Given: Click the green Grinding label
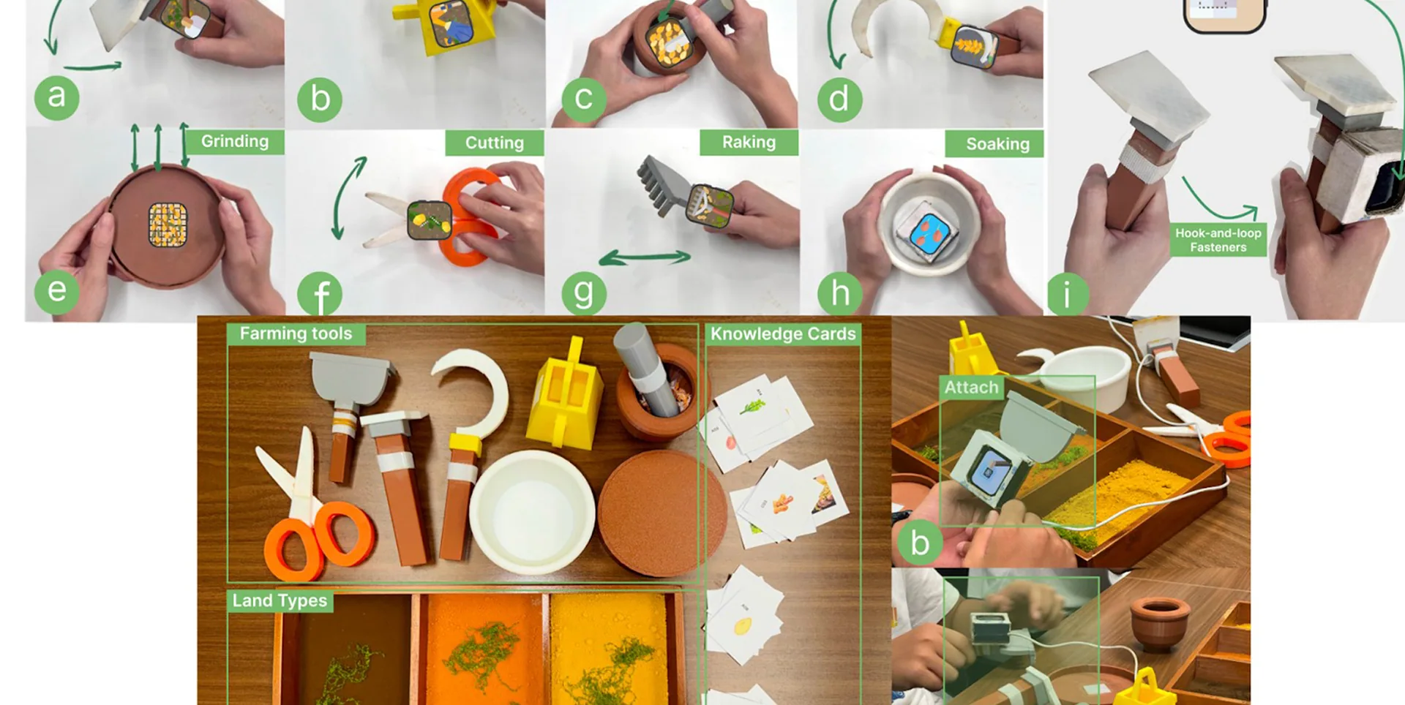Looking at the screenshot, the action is click(234, 141).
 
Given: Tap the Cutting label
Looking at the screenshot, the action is click(495, 143).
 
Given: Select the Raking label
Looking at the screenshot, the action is click(749, 142).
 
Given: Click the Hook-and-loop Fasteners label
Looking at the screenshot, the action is click(1218, 240).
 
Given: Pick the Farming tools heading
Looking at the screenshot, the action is click(296, 333).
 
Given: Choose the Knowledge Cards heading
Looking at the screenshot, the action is click(783, 333).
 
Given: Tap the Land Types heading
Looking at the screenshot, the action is click(280, 600).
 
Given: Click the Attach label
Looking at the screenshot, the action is click(971, 388).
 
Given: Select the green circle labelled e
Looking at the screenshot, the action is click(56, 291).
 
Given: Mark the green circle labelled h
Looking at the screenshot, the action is click(841, 294).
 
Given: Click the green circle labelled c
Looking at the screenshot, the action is click(583, 99).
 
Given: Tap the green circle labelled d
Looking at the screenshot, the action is click(839, 99).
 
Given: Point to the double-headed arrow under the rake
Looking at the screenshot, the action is click(645, 257).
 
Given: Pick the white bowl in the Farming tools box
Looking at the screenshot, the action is click(532, 512).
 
